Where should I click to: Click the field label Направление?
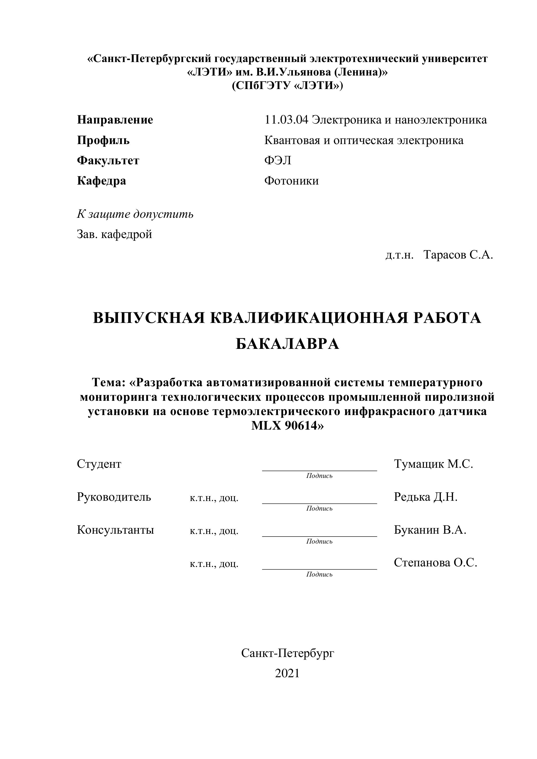pos(115,120)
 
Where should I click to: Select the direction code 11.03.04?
pos(286,120)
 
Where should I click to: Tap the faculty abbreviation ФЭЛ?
pos(278,160)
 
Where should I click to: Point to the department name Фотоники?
pos(291,181)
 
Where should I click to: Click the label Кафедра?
pos(102,181)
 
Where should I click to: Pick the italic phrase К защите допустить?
pos(135,214)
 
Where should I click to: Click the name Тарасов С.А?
pos(458,255)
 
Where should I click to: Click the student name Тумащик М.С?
pos(433,464)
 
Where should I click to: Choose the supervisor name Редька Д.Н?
pos(426,497)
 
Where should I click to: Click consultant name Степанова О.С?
pos(435,563)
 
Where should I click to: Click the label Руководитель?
pos(114,497)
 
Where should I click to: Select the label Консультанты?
pos(115,530)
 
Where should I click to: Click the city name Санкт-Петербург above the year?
pos(287,653)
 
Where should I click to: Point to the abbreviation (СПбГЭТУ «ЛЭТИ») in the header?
pos(287,86)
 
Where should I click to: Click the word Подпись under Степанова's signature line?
pos(319,574)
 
